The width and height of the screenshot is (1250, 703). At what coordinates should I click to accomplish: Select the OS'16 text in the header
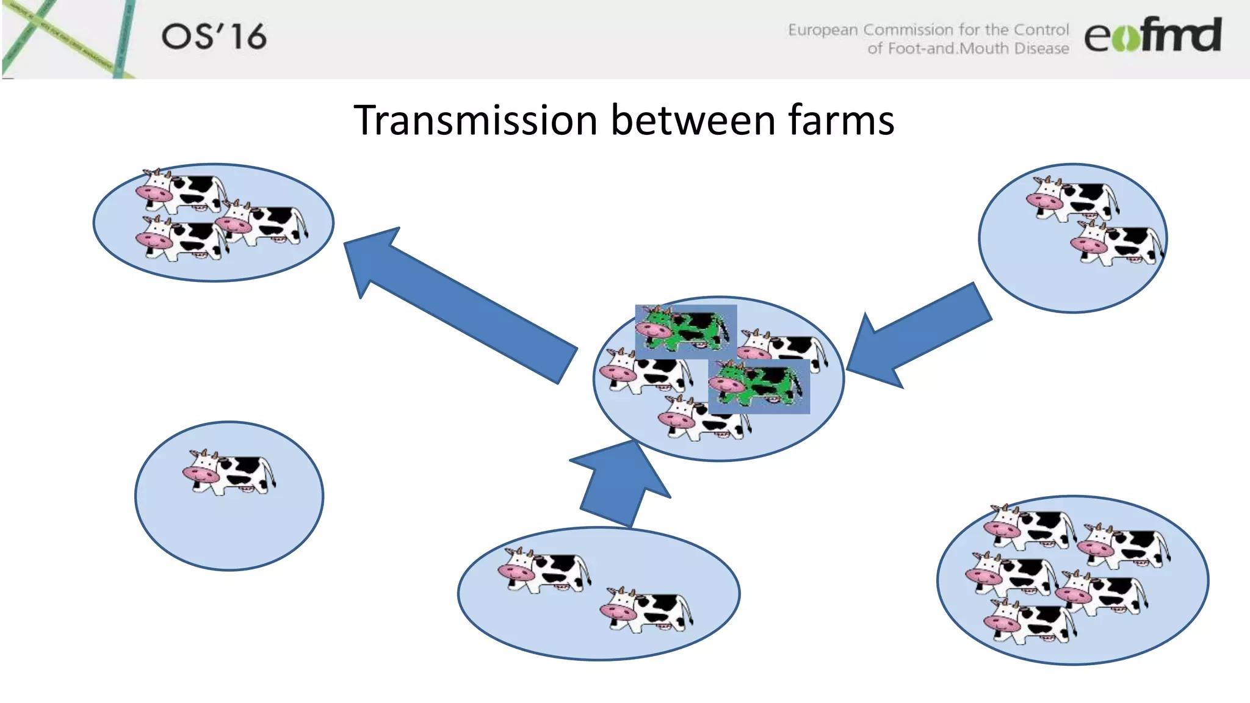pyautogui.click(x=214, y=37)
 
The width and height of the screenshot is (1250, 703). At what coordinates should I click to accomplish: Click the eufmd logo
pyautogui.click(x=1152, y=35)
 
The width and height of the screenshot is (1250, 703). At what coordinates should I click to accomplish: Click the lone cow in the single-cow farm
pyautogui.click(x=229, y=472)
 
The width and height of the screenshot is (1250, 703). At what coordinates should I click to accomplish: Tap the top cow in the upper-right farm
pyautogui.click(x=1072, y=198)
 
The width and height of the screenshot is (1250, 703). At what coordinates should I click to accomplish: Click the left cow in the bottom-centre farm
pyautogui.click(x=544, y=570)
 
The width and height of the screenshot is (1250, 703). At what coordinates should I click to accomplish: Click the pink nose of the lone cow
pyautogui.click(x=200, y=474)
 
